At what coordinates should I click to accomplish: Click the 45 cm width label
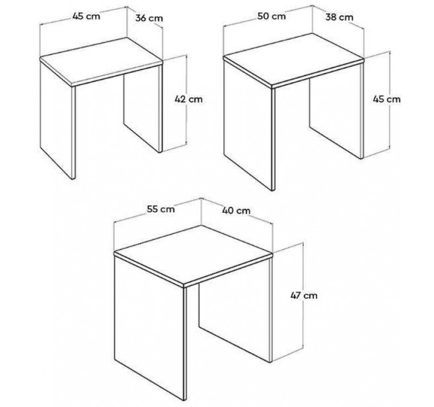coord(86,16)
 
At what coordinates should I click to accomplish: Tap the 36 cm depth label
coord(149,18)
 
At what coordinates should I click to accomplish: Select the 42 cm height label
coord(188,99)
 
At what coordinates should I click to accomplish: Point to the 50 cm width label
coord(271,16)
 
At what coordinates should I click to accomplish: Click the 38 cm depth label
coord(340,17)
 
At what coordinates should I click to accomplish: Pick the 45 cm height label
coord(387,99)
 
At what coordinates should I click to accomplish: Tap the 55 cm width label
coord(161,209)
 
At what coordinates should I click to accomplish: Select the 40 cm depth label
coord(236,211)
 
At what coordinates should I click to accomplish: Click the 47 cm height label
coord(304,295)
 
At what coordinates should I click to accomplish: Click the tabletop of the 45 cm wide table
coord(101,61)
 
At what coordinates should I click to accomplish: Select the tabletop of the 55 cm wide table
coord(194,256)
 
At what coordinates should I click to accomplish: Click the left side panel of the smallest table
coord(58,119)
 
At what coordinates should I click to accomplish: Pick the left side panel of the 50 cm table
coord(249,125)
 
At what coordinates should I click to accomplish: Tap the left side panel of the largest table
coord(151,327)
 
